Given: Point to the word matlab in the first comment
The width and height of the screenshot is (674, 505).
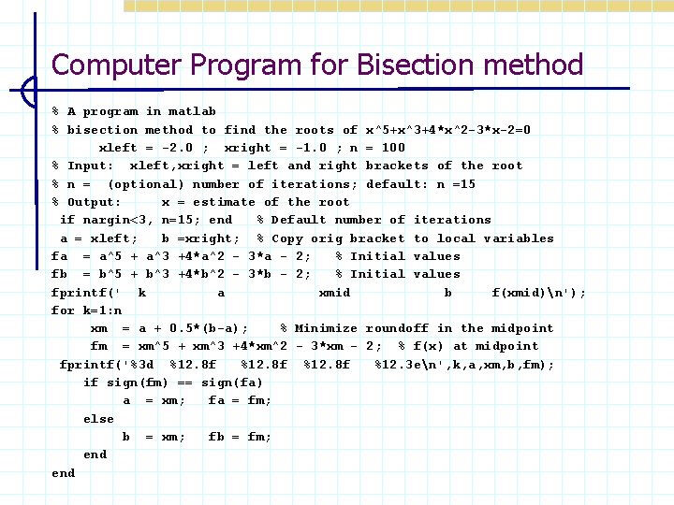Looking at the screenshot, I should (x=192, y=111).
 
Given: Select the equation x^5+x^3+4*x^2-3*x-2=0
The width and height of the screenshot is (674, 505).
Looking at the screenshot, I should (x=448, y=130).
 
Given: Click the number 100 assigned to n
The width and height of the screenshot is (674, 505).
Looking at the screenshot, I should (x=393, y=148).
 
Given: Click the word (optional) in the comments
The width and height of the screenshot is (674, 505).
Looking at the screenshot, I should (x=145, y=184).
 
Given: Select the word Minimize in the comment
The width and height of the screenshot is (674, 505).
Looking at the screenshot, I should (x=326, y=328).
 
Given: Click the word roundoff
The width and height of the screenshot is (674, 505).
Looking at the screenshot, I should (x=397, y=328).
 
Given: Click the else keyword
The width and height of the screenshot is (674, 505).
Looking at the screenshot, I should (x=98, y=419).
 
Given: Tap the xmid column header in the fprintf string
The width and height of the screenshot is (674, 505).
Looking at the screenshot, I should (x=334, y=293).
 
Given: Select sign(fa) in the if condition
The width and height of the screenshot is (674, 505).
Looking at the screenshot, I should (x=231, y=382).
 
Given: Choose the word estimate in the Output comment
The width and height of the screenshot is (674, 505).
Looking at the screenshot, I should (x=223, y=202).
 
